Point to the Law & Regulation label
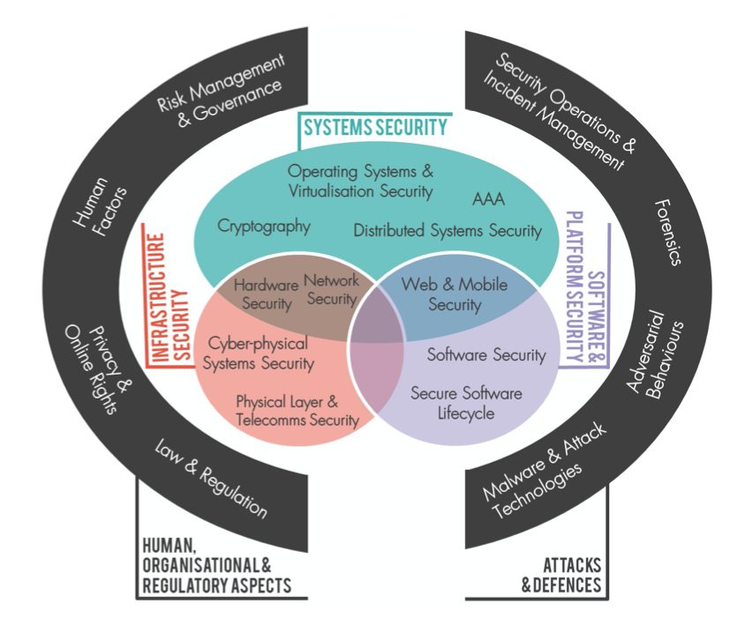tap(210, 476)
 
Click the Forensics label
tap(668, 231)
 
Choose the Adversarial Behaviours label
tap(654, 354)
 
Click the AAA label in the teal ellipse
tap(488, 199)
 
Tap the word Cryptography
tap(264, 227)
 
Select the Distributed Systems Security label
tap(448, 231)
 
